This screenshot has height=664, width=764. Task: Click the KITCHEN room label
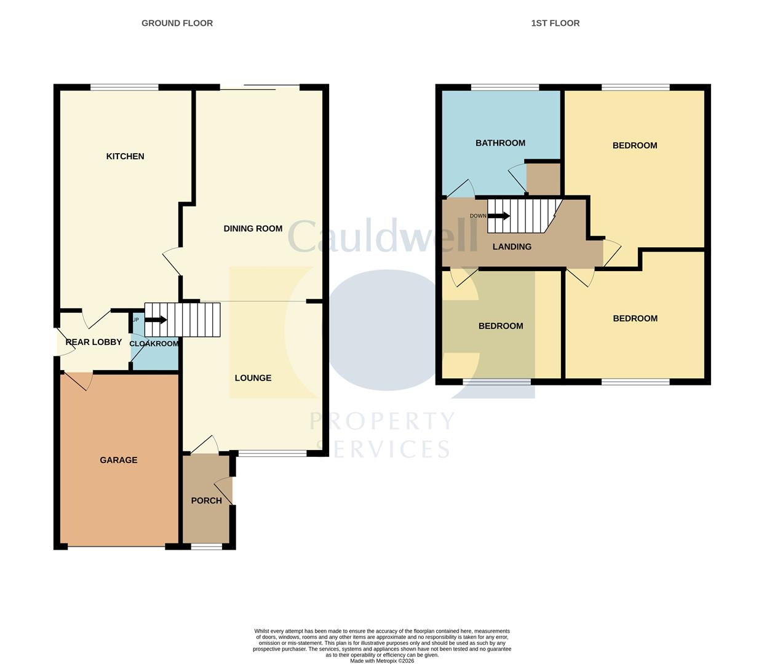[x=125, y=156]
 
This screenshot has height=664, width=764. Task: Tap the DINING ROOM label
[x=253, y=229]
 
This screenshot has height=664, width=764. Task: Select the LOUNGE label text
[x=253, y=378]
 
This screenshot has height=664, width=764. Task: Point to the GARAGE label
[x=119, y=460]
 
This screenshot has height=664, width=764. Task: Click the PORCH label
[x=206, y=500]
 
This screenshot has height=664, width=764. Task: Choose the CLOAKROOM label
[x=154, y=344]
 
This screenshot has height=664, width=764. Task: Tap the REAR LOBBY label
[x=94, y=342]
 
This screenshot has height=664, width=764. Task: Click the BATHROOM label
[x=500, y=143]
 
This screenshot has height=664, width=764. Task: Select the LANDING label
[x=512, y=247]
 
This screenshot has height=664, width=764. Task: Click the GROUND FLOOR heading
[x=177, y=23]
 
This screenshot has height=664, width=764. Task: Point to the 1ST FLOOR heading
[x=555, y=23]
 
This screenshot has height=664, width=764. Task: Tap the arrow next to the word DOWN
[x=499, y=216]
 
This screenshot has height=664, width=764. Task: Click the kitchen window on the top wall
[x=124, y=87]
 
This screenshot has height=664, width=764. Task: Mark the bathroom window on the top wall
[x=505, y=87]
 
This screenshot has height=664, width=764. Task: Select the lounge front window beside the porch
[x=272, y=454]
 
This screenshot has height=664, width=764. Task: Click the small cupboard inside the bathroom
[x=544, y=179]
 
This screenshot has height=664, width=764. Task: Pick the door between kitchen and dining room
[x=173, y=261]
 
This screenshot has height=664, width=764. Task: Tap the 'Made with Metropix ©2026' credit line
[x=382, y=661]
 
